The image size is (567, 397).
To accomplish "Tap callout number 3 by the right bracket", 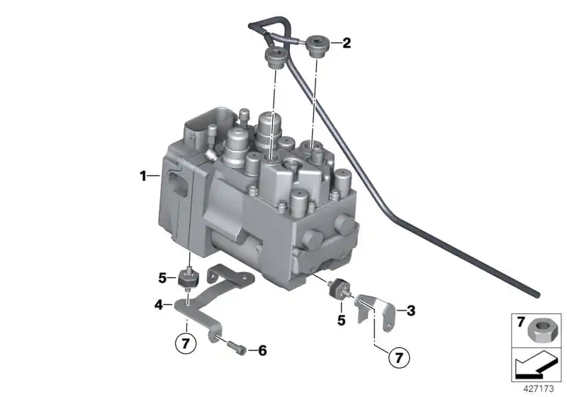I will point(410,310).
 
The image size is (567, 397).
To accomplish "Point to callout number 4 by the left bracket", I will point(159,306).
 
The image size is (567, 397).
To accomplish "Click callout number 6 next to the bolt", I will point(262,350).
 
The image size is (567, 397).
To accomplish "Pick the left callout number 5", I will point(162,276).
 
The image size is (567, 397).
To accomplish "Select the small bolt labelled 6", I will point(237,348).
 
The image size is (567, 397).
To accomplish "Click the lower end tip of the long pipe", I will point(537,293).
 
